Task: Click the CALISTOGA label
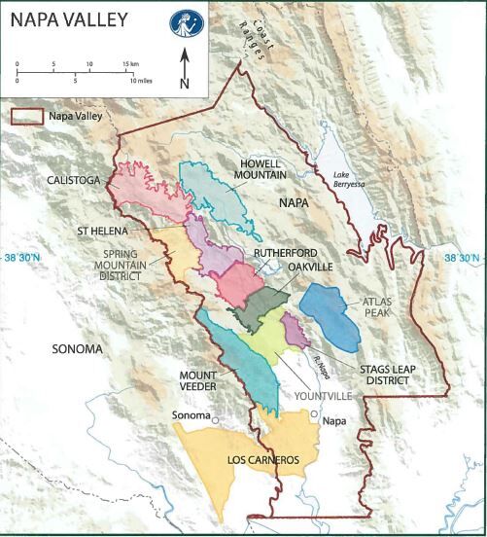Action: (x=65, y=180)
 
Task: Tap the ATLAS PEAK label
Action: (x=380, y=307)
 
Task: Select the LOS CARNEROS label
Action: (x=233, y=458)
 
